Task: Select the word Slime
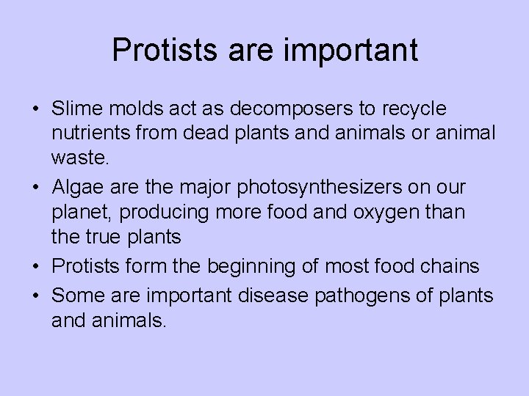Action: tap(73, 109)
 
